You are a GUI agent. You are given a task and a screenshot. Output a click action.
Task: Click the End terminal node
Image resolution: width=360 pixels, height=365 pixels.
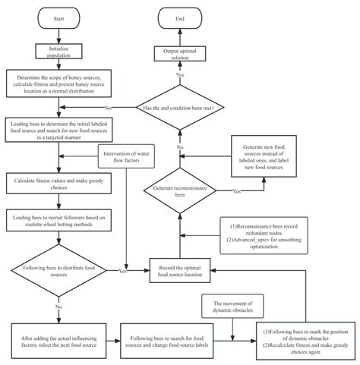(x=180, y=18)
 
